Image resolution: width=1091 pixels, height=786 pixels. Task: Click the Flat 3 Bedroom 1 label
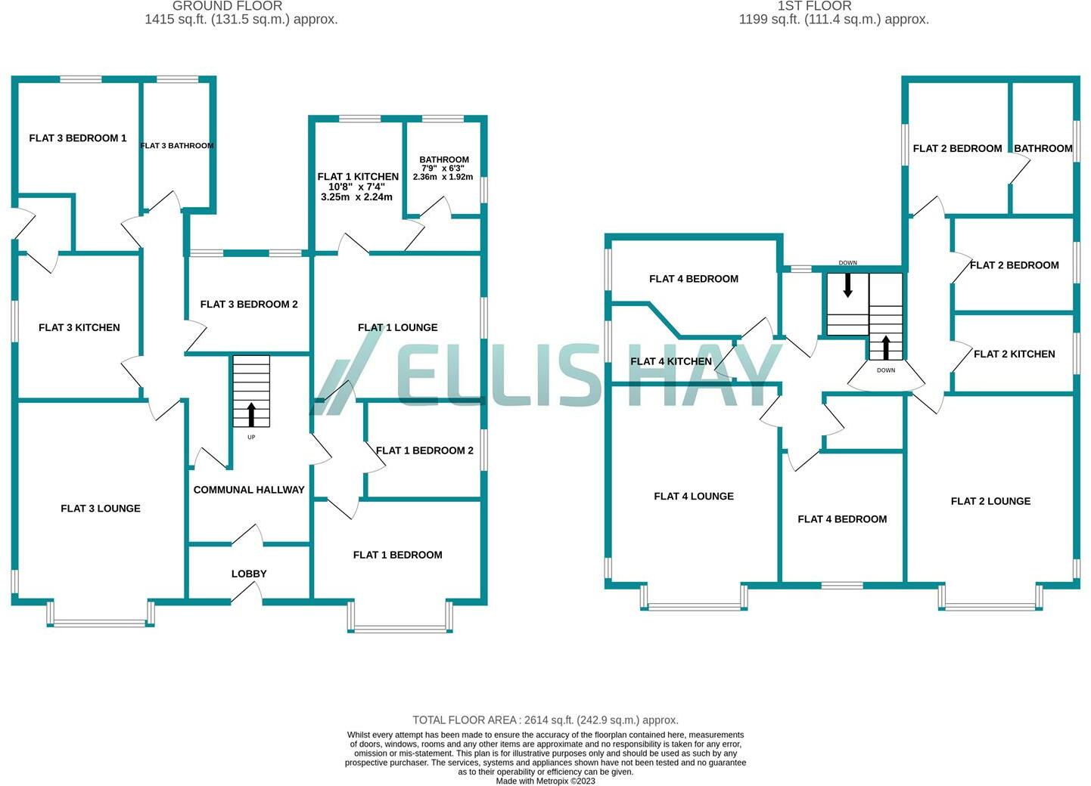point(78,138)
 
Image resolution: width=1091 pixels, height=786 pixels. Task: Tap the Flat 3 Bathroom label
point(177,146)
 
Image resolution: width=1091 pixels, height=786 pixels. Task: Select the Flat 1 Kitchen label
point(358,177)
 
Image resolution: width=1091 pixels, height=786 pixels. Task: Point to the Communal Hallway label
point(249,490)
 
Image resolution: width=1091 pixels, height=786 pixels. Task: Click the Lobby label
point(249,574)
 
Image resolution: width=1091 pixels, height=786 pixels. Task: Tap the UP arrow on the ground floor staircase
point(251,414)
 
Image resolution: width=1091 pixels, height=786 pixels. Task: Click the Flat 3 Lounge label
point(101,509)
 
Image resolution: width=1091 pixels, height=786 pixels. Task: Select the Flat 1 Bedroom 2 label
point(424,450)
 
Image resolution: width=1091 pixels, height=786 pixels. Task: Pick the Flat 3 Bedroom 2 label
point(249,305)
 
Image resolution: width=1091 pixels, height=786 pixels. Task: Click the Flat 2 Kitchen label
point(1014,354)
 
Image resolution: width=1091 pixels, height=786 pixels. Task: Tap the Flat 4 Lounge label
point(694,497)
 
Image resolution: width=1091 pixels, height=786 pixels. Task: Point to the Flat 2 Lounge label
point(990,501)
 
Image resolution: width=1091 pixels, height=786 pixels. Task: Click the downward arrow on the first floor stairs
point(847,284)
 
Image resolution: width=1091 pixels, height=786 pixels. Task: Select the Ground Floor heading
point(227,6)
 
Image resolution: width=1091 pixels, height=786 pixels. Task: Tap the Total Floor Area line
point(545,720)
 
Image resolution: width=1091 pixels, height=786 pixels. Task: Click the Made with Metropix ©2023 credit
point(545,781)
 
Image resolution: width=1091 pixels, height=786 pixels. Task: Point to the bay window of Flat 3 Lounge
point(101,622)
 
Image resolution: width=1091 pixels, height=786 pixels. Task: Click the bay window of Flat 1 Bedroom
point(399,628)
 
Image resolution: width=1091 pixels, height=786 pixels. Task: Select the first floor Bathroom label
point(1043,149)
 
